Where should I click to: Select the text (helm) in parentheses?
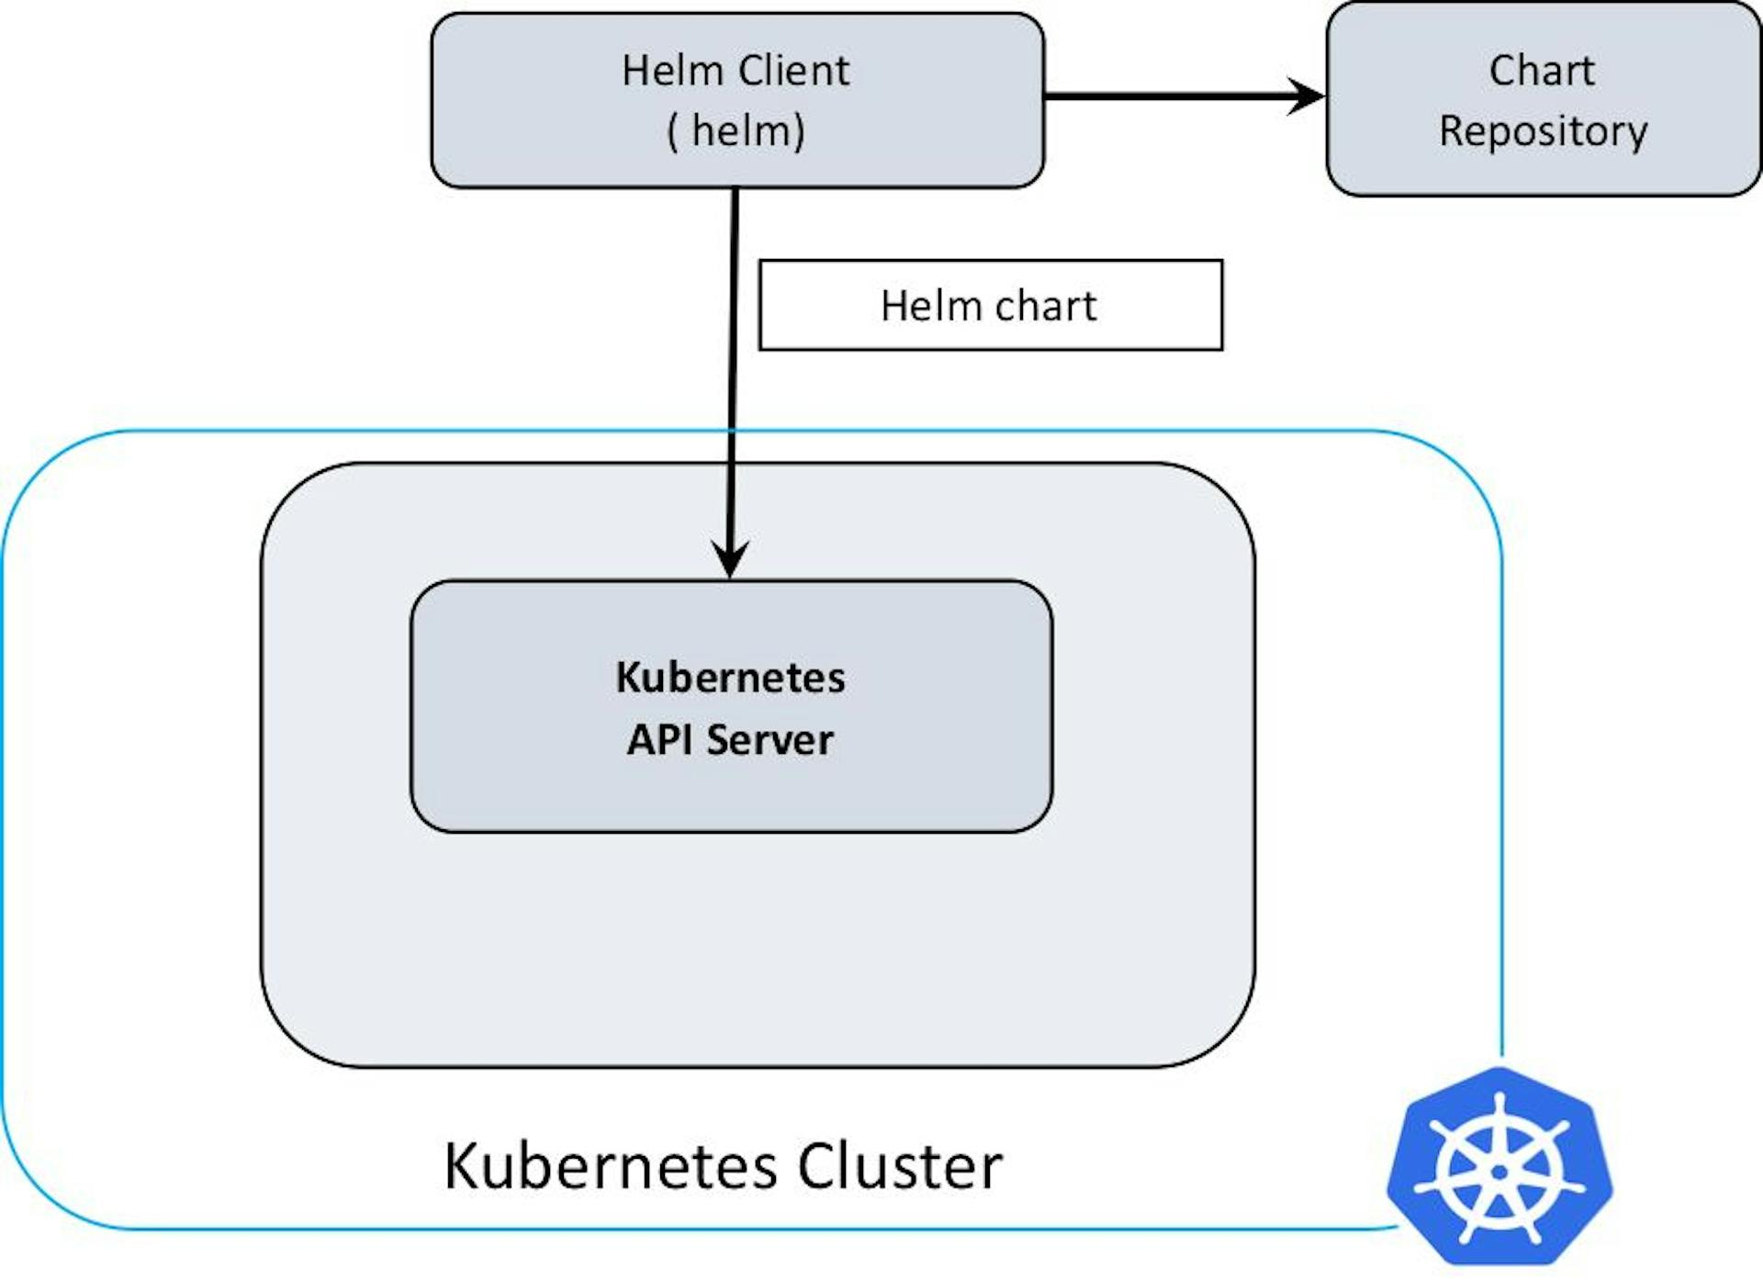coord(736,130)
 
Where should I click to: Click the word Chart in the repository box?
coord(1542,71)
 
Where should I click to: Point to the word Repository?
coord(1543,131)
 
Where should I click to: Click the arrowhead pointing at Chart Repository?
coord(1306,95)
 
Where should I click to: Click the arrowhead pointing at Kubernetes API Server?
coord(731,559)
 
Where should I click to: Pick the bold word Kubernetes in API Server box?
coord(730,678)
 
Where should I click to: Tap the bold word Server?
coord(769,740)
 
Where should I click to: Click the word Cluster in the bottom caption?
coord(900,1167)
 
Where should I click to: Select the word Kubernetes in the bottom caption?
coord(612,1167)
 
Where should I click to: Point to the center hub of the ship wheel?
coord(1499,1173)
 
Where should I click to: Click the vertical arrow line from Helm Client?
coord(734,386)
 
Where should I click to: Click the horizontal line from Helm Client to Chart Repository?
coord(1166,95)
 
